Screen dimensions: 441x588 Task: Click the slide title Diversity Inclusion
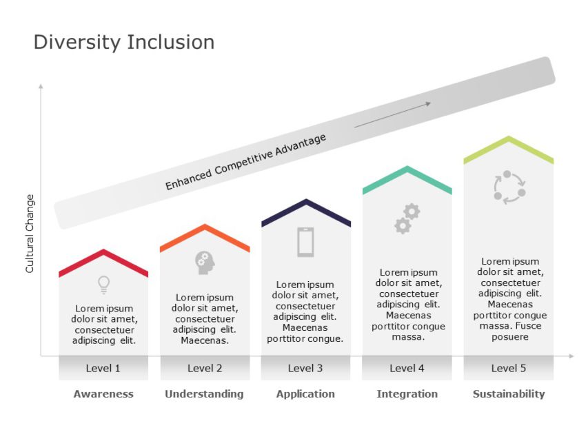coord(124,43)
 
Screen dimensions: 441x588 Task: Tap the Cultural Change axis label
coord(30,234)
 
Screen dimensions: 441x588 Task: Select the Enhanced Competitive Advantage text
coord(245,162)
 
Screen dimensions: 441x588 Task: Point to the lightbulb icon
coord(103,283)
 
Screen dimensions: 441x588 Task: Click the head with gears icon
coord(205,262)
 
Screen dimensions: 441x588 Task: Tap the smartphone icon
coord(305,242)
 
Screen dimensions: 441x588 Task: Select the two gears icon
coord(407,218)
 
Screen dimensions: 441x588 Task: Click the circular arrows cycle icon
coord(509,187)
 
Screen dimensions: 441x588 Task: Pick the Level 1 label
coord(103,368)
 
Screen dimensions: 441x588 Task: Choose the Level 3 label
coord(305,368)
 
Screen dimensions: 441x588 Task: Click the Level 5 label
coord(509,368)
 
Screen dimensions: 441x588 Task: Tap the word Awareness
coord(103,394)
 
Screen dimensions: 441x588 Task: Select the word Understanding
coord(204,394)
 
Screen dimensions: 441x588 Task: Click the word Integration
coord(407,394)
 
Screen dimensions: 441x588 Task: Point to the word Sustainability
coord(509,394)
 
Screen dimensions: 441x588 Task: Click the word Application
coord(305,394)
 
